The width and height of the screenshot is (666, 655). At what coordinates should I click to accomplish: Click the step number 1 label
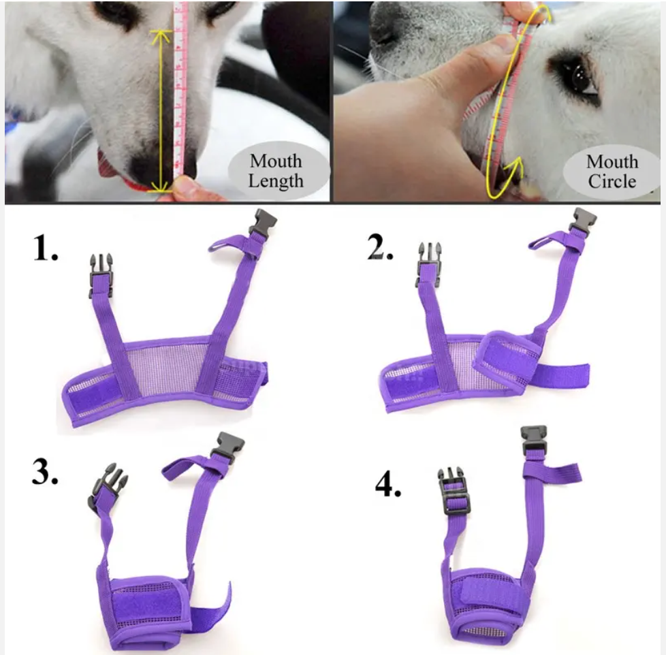[x=45, y=248]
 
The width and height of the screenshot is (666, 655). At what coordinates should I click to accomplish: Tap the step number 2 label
[x=381, y=246]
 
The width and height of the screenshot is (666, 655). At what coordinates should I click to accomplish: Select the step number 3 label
[x=45, y=471]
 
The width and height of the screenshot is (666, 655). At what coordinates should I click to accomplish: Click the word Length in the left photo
[x=276, y=181]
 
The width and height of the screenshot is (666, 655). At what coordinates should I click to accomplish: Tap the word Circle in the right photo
[x=612, y=181]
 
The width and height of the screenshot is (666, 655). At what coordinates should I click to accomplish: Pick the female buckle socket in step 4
[x=534, y=439]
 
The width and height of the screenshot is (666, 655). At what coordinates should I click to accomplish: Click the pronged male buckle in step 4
[x=454, y=491]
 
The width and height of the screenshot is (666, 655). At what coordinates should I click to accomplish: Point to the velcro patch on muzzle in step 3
[x=145, y=604]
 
